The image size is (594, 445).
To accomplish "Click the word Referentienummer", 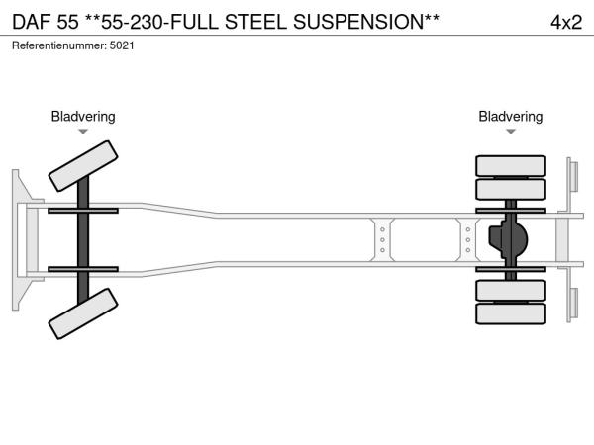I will pos(55,46).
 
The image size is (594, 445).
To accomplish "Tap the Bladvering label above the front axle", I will pos(83,117).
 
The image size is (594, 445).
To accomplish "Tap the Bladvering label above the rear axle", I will pos(511,117).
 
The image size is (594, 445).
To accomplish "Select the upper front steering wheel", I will pos(84,164).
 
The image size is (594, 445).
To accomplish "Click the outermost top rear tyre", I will pos(511,165).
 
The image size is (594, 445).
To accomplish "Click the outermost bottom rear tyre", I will pos(511,314).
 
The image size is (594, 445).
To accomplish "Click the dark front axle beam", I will pos(84,239).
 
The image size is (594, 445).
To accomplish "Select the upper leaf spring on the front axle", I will pos(84,211).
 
